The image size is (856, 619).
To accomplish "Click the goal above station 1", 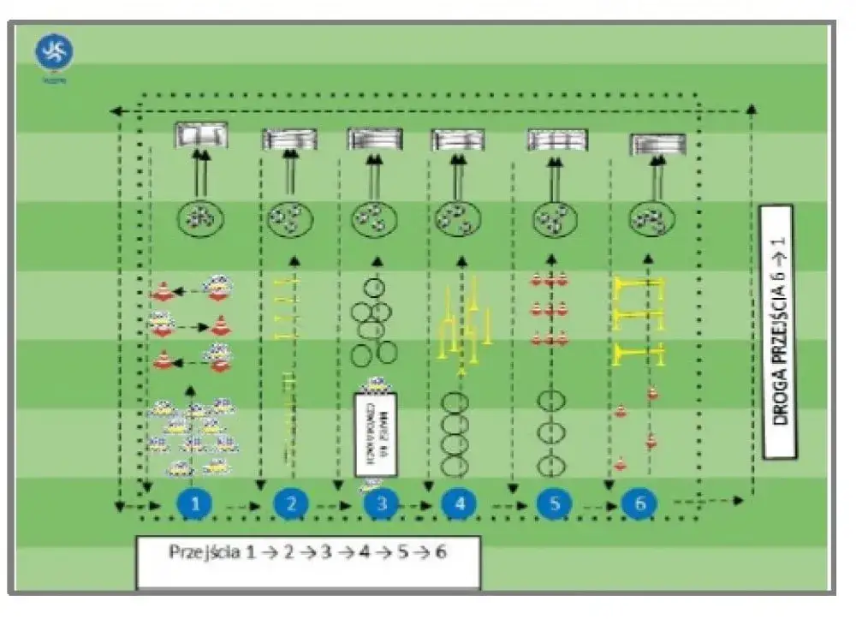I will [x=201, y=135].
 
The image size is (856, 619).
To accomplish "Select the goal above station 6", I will [x=657, y=144].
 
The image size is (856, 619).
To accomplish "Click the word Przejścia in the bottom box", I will [x=202, y=552].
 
